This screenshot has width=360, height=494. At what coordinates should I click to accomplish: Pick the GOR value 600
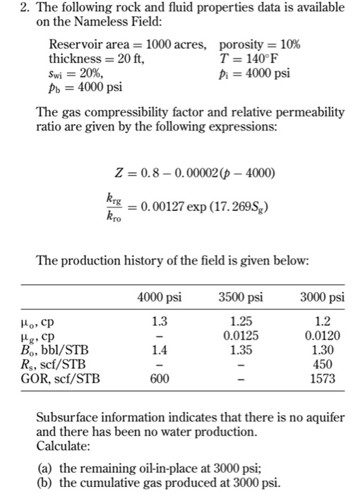(x=160, y=378)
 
